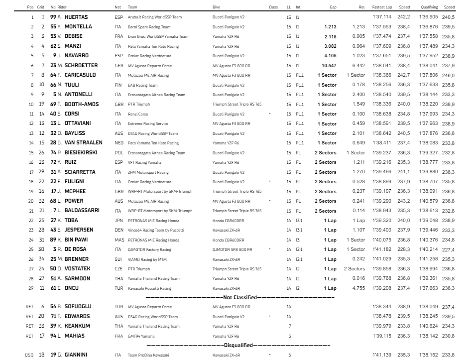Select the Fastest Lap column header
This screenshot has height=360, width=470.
[381, 7]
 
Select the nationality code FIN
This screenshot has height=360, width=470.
[118, 85]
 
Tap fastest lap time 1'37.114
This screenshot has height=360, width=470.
[381, 17]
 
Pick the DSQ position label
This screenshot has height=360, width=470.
[29, 355]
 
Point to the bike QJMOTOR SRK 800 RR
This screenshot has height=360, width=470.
[232, 249]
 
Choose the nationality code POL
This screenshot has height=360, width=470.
[118, 152]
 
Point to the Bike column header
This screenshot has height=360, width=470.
[217, 7]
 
